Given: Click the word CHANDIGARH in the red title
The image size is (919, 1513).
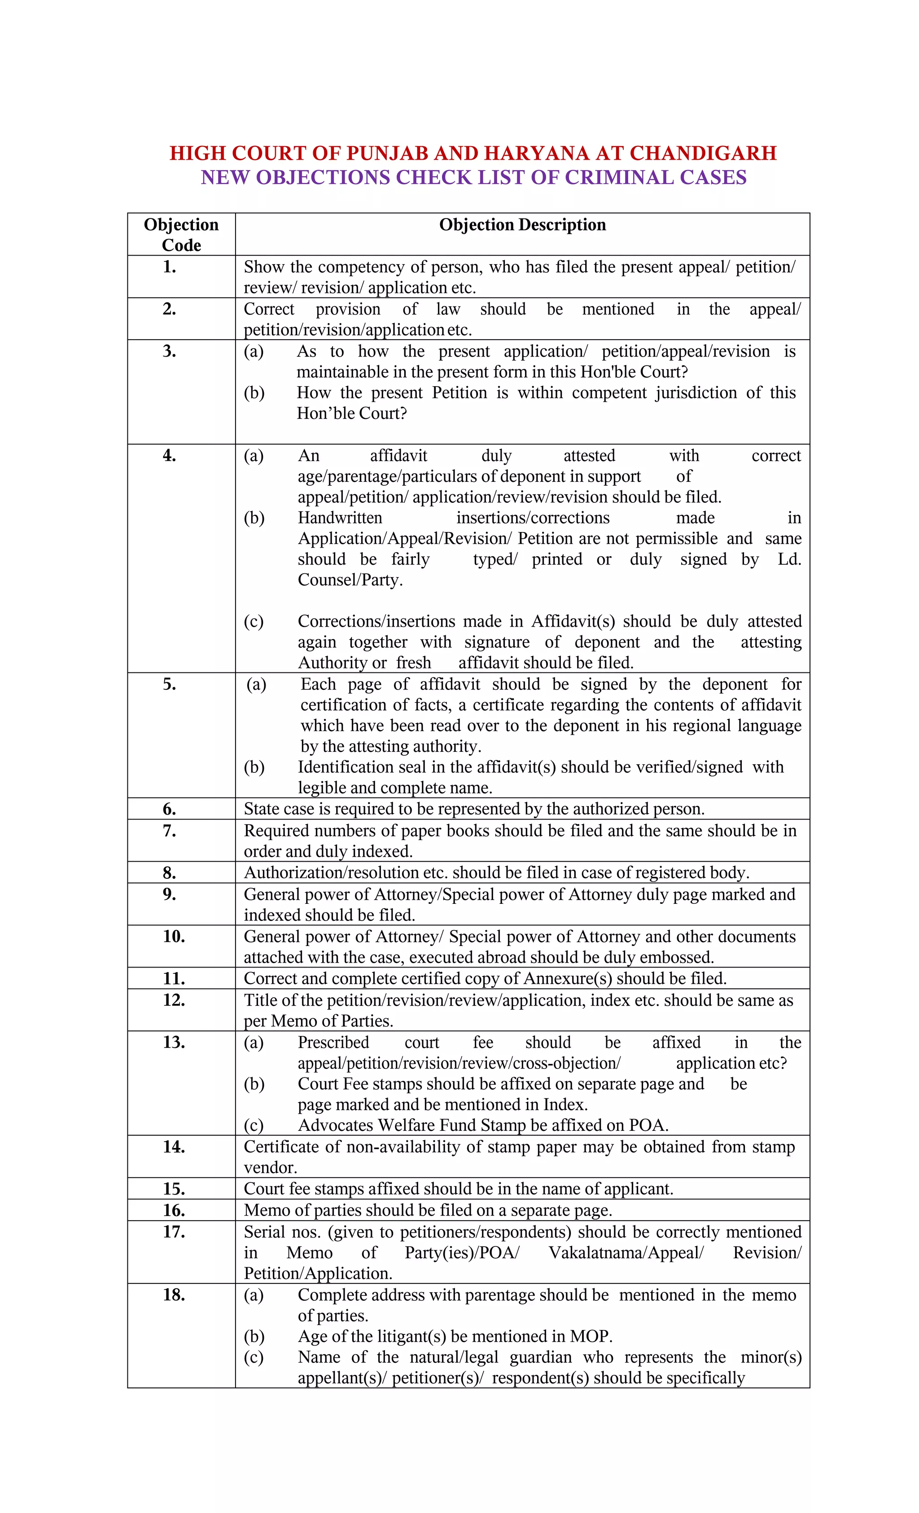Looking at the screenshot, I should click(703, 153).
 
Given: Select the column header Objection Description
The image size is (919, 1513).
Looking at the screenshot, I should click(522, 225).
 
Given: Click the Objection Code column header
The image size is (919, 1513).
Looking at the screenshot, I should click(181, 235).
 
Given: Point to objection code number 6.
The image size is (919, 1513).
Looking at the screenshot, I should click(170, 809).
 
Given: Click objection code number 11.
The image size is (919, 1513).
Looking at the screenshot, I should click(174, 978).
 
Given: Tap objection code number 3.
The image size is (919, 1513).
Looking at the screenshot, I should click(170, 351).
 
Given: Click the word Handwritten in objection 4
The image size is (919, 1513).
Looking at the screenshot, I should click(340, 518).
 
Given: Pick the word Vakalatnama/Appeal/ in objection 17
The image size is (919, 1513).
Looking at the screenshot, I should click(626, 1253).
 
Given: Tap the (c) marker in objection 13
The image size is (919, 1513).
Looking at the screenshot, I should click(254, 1125).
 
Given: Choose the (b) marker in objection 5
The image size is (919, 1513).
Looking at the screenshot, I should click(254, 767).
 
